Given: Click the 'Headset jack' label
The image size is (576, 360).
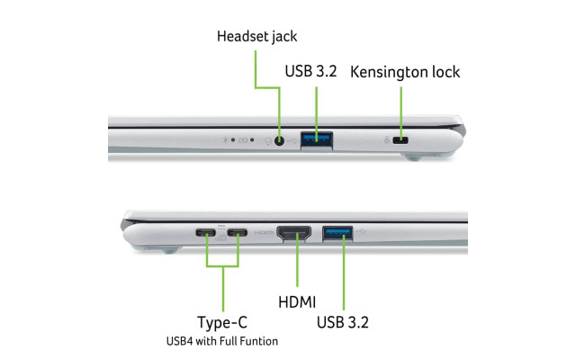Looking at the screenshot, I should click(256, 37).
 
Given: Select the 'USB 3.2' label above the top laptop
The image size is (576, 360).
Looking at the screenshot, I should click(310, 71).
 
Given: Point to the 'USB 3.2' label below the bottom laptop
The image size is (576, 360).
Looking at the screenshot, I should click(342, 321).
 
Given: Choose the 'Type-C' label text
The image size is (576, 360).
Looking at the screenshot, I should click(221, 322).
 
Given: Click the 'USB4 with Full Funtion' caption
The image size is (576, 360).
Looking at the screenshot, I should click(221, 341).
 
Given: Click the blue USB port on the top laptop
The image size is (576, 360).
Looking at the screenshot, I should click(317, 139).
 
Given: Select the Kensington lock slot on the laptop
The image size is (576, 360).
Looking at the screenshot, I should click(402, 140).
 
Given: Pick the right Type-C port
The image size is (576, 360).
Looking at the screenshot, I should click(238, 233).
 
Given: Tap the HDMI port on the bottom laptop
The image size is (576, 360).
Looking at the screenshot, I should click(296, 233).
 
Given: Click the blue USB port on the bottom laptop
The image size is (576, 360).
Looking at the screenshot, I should click(339, 232).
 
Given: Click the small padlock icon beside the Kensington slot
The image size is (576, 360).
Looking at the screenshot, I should click(386, 140).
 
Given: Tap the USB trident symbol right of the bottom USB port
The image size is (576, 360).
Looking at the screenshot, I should click(362, 230).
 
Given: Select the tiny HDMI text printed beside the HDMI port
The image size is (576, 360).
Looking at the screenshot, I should click(264, 233).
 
